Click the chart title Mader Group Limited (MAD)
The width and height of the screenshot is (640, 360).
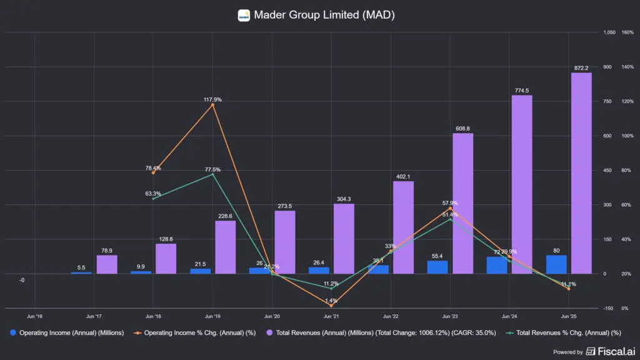click(324, 15)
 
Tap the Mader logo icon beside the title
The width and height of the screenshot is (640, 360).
click(244, 15)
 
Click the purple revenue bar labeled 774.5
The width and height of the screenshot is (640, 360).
click(522, 184)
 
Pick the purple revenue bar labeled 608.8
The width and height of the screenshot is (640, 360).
click(462, 203)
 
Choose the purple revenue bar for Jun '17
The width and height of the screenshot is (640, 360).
click(107, 264)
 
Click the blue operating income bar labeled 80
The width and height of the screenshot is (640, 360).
click(556, 264)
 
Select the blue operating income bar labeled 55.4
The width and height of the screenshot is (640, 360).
click(437, 267)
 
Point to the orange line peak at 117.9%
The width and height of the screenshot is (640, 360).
click(212, 104)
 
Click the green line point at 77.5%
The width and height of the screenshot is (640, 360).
click(212, 174)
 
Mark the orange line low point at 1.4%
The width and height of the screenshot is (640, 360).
click(331, 306)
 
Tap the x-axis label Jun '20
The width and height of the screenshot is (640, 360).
click(272, 316)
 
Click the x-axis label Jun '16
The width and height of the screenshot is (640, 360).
click(35, 316)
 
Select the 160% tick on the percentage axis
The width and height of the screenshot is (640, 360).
click(627, 32)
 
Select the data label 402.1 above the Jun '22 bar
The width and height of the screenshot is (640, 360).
click(404, 176)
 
